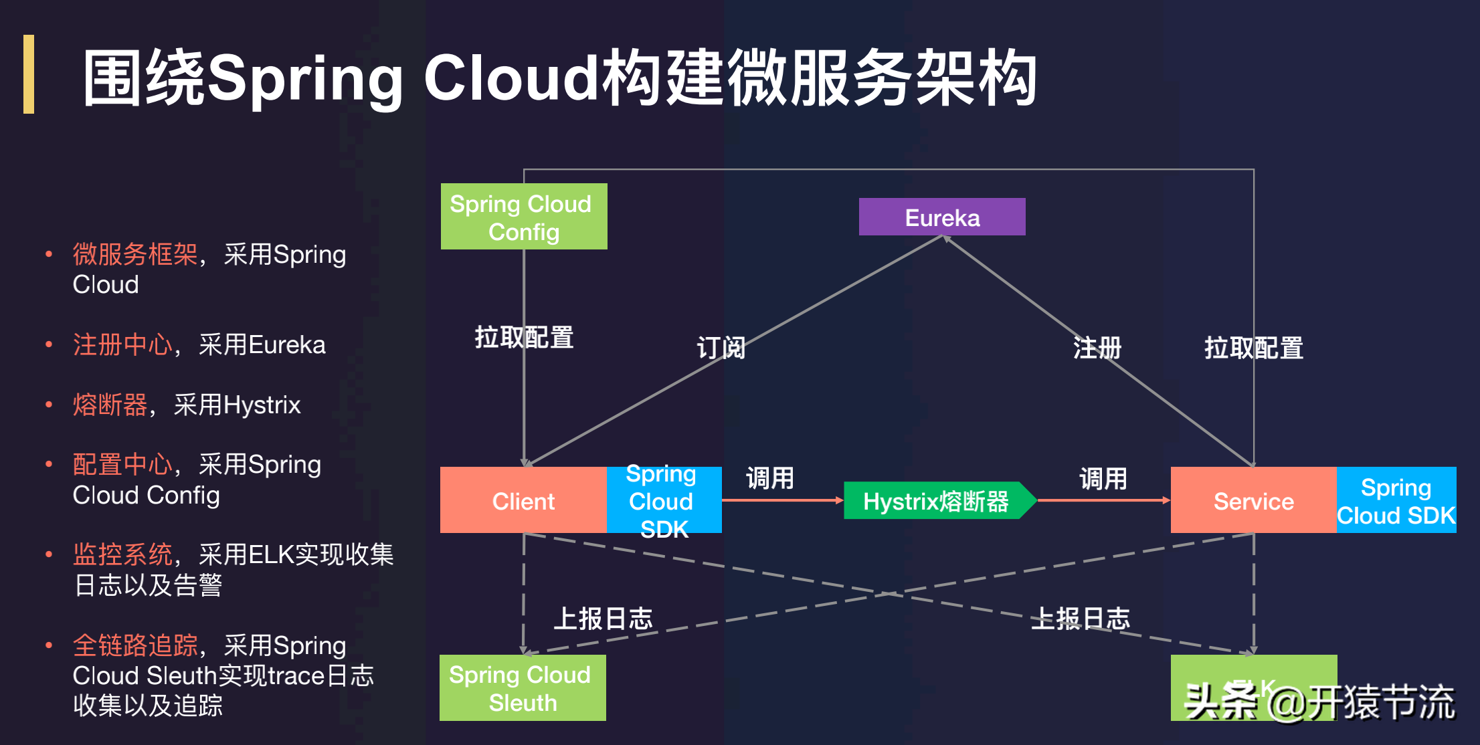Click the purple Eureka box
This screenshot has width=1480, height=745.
click(x=941, y=217)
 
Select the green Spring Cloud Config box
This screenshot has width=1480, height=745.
click(x=523, y=217)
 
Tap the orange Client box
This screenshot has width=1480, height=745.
click(x=523, y=500)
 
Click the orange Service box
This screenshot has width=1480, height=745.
click(x=1253, y=500)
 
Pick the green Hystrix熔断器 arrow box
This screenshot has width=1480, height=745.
click(x=937, y=501)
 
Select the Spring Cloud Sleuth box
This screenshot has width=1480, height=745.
click(x=522, y=687)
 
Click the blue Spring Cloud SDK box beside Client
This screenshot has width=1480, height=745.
click(x=663, y=500)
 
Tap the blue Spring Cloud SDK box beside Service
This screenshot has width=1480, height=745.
click(x=1396, y=500)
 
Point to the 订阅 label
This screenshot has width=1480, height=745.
click(x=721, y=348)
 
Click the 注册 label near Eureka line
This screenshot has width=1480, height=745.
click(x=1097, y=348)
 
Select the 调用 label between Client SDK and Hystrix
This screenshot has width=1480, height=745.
click(x=770, y=477)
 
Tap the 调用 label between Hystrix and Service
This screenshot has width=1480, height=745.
click(x=1103, y=477)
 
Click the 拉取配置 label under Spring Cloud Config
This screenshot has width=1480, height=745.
click(x=524, y=337)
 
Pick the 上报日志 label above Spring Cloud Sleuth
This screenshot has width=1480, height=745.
click(x=602, y=619)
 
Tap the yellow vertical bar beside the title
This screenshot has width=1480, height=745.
click(x=29, y=74)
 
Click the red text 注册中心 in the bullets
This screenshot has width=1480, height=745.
click(x=122, y=345)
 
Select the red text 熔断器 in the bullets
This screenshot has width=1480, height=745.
click(x=110, y=405)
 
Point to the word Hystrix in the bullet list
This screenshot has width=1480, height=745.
click(x=262, y=405)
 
